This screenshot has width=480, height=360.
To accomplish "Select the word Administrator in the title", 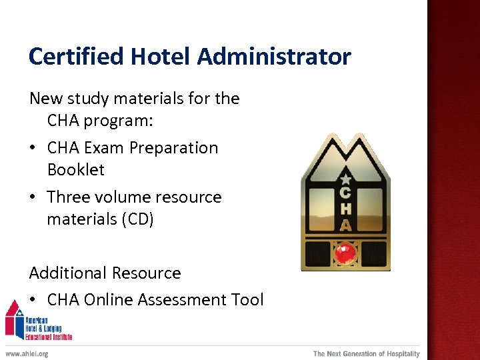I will point(274,57).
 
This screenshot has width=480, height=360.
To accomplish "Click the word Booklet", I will point(76,170).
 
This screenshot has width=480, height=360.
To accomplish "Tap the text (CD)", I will point(137,219).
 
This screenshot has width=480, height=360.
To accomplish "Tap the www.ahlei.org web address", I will point(27,354).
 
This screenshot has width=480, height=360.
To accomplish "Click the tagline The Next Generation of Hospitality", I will point(367,354).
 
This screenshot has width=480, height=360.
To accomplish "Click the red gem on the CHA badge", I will point(345,254).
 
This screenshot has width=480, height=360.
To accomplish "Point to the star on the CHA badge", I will point(345,179).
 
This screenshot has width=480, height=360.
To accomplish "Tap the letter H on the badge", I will point(345,209).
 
